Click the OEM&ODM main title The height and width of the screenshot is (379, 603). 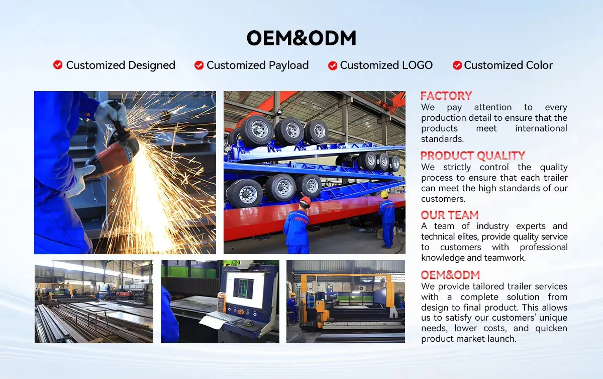(x=301, y=38)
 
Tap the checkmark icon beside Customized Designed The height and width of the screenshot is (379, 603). (x=58, y=65)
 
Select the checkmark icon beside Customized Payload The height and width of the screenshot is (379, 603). (x=199, y=65)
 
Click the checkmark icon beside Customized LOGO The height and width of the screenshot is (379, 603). (x=333, y=65)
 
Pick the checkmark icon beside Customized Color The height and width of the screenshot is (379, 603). (x=457, y=65)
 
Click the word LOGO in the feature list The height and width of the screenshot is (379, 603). (x=417, y=65)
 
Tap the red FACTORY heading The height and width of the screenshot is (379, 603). (x=446, y=96)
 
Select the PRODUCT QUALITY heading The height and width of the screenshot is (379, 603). (x=472, y=156)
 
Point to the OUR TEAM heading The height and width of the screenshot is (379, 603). (x=449, y=215)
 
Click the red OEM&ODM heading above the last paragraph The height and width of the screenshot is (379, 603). (x=450, y=275)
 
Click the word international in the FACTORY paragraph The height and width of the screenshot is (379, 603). (x=541, y=128)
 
